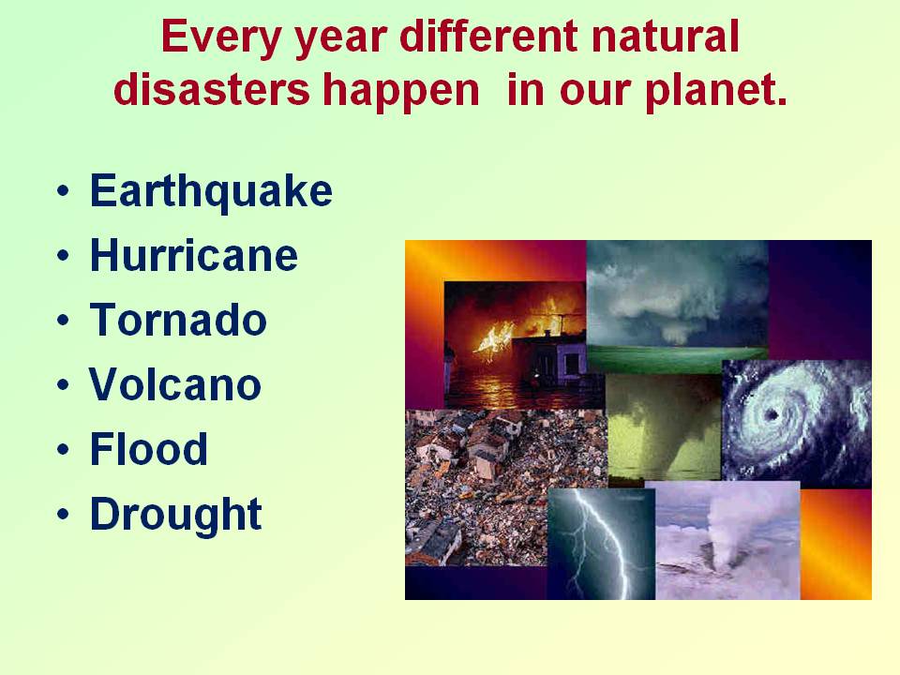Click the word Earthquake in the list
(211, 191)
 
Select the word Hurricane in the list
(194, 255)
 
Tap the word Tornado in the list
(178, 320)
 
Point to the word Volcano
(175, 384)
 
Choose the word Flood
(149, 449)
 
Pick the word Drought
(176, 515)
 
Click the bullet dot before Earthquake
(63, 191)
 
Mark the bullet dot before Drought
(63, 514)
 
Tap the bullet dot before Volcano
(63, 384)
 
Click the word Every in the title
(221, 37)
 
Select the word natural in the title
(666, 37)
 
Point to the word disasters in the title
(212, 90)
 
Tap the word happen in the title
(401, 93)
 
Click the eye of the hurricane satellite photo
(771, 414)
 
